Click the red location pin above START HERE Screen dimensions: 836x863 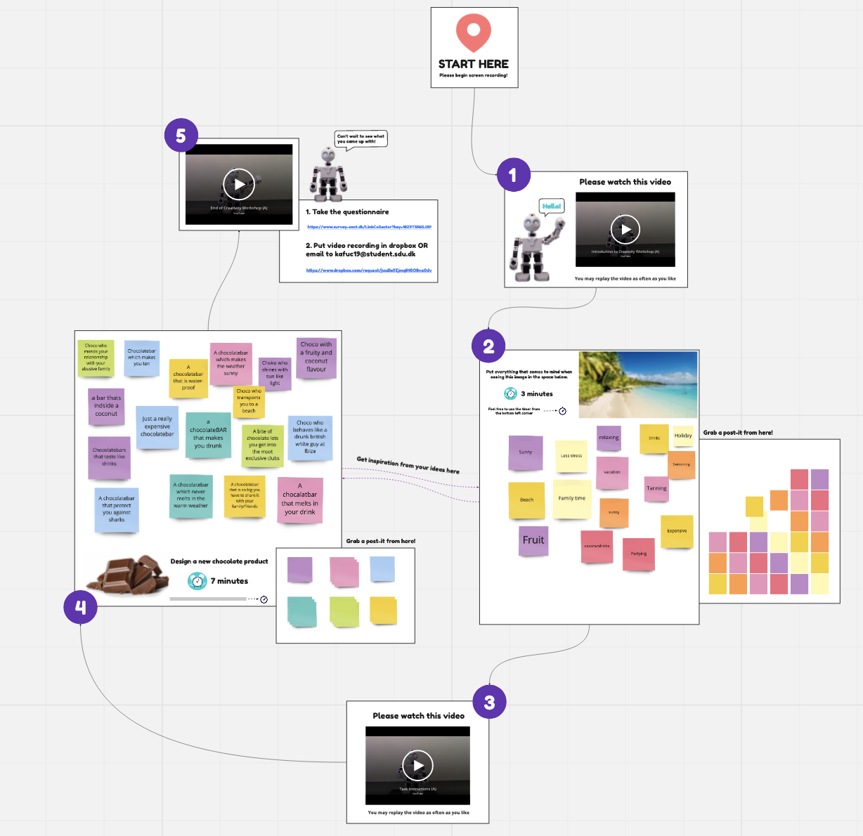pos(474,33)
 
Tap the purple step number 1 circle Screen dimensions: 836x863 pos(513,175)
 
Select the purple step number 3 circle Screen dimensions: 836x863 pos(489,702)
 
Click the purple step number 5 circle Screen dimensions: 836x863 pos(181,136)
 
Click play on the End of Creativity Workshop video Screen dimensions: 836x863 pos(239,184)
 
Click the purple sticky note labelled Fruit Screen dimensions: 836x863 pos(533,540)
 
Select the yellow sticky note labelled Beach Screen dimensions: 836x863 pos(526,499)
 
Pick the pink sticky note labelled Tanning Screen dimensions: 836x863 pos(656,488)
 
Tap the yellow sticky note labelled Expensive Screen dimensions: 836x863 pos(677,531)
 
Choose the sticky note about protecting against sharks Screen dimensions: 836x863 pos(117,509)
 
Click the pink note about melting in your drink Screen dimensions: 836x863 pos(300,499)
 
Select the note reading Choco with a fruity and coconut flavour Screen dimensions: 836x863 pos(316,357)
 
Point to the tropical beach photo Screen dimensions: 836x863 pos(638,384)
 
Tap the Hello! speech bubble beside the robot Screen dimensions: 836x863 pos(552,206)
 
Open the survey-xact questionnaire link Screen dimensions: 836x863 pos(369,227)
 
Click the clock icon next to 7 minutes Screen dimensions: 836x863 pos(197,581)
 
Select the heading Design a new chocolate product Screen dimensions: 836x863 pos(219,561)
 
